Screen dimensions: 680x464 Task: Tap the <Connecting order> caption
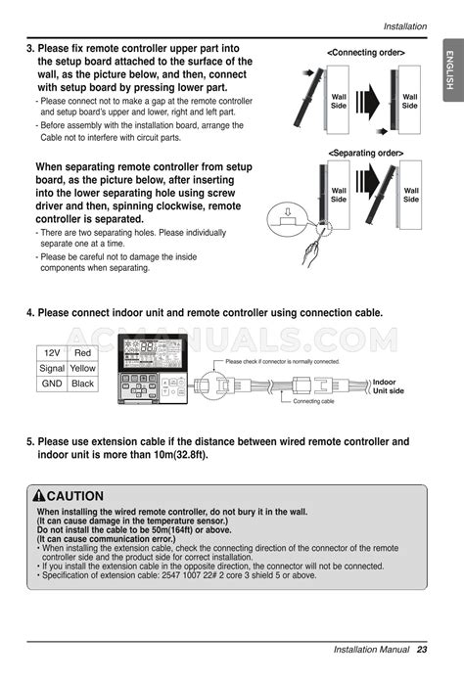pyautogui.click(x=366, y=52)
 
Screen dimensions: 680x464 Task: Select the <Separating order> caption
pyautogui.click(x=365, y=153)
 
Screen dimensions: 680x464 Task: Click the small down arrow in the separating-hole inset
pyautogui.click(x=288, y=211)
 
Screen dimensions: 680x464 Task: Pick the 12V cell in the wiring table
pyautogui.click(x=52, y=352)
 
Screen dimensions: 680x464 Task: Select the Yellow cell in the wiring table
pyautogui.click(x=83, y=368)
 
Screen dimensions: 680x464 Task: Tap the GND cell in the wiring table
pyautogui.click(x=52, y=384)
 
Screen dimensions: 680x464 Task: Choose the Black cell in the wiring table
pyautogui.click(x=83, y=384)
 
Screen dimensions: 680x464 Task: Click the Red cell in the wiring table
pyautogui.click(x=83, y=352)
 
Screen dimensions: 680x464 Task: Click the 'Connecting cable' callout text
pyautogui.click(x=313, y=402)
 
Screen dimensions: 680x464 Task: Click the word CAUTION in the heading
pyautogui.click(x=81, y=496)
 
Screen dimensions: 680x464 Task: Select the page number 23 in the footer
pyautogui.click(x=422, y=650)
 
